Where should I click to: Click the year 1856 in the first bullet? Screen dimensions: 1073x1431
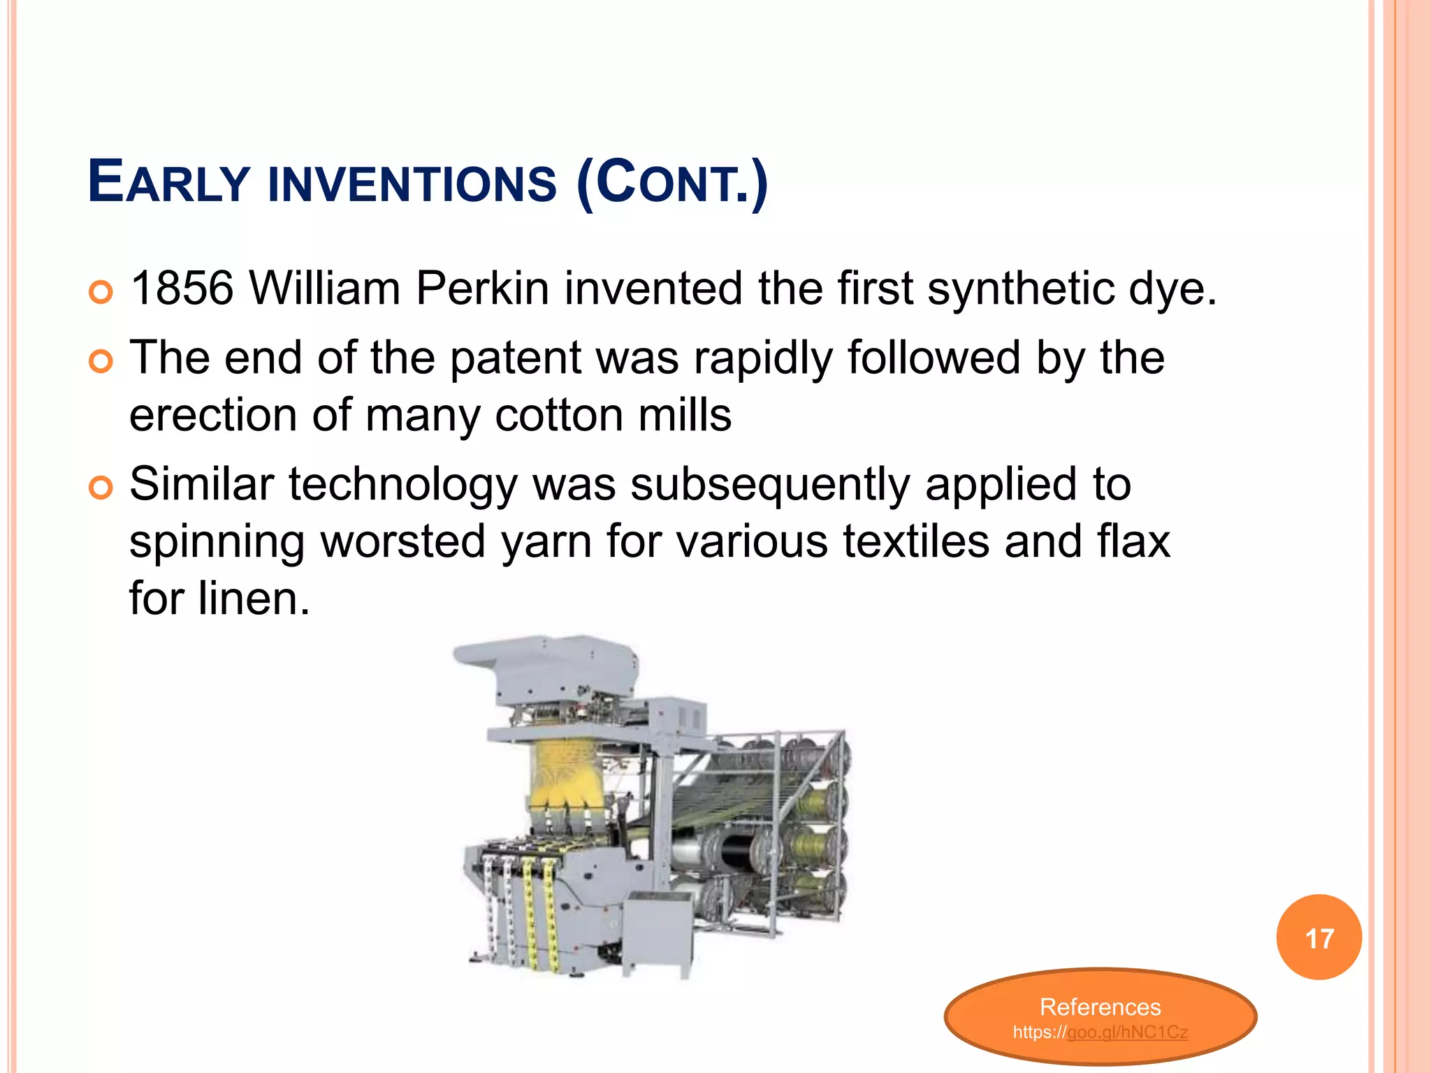[x=182, y=288]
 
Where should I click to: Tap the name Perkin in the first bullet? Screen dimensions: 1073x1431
[x=482, y=288]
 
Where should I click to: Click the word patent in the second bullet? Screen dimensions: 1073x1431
[x=515, y=358]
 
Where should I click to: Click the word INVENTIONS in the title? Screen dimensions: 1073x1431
[x=412, y=183]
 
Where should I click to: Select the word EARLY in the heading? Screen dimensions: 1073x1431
[x=168, y=183]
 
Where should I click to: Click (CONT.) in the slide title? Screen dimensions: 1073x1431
[x=672, y=183]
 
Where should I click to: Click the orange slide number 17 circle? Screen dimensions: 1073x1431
[x=1319, y=937]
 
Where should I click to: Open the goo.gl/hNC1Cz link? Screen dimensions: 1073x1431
[x=1127, y=1032]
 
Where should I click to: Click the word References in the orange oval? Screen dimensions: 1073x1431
[x=1100, y=1007]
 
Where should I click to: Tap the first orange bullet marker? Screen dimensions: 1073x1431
[x=101, y=292]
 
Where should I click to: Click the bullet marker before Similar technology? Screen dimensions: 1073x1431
[x=101, y=488]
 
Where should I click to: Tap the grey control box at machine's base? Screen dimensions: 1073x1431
[x=657, y=933]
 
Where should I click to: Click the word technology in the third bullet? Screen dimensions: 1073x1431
[x=403, y=484]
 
